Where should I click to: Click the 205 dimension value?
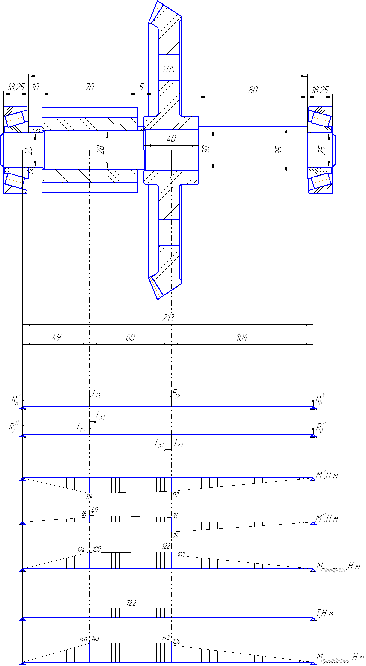(x=168, y=69)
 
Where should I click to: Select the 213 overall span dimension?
(x=168, y=318)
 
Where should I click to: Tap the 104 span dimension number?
(x=242, y=337)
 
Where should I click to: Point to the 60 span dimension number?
(x=131, y=337)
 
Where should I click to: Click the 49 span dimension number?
(x=57, y=337)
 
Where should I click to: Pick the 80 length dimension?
(x=253, y=90)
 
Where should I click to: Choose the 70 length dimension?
(x=90, y=87)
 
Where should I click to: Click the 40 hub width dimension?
(x=172, y=139)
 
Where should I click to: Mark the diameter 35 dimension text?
(x=279, y=150)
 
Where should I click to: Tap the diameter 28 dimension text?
(x=101, y=150)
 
